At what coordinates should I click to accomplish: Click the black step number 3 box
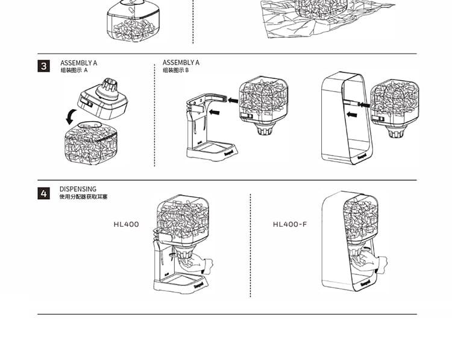[x=44, y=66]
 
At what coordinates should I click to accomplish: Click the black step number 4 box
[x=44, y=193]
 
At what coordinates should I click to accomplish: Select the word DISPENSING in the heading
[x=78, y=189]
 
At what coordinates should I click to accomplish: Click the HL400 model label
[x=126, y=224]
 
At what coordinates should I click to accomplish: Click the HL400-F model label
[x=290, y=224]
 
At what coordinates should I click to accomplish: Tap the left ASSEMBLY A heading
[x=79, y=63]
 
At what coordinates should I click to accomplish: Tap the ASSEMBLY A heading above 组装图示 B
[x=181, y=63]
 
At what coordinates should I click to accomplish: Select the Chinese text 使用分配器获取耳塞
[x=84, y=197]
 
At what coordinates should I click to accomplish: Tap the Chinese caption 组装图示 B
[x=176, y=71]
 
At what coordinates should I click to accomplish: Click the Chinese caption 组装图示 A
[x=74, y=71]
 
